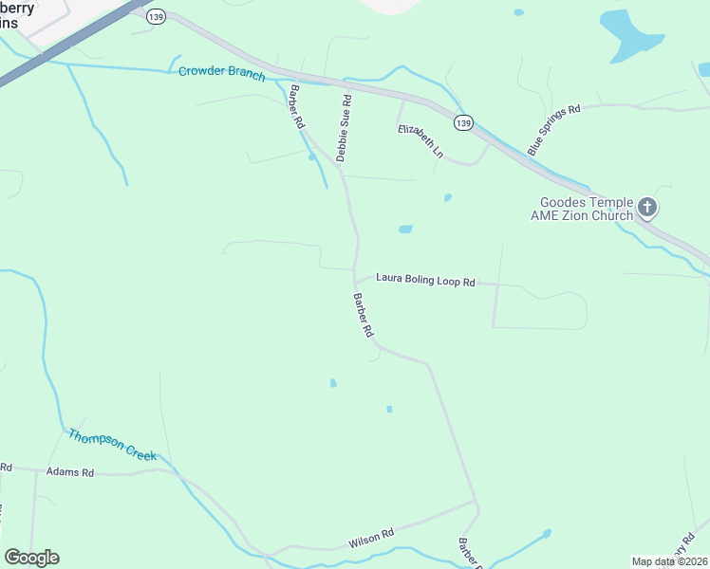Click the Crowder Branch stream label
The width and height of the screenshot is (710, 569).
(x=221, y=72)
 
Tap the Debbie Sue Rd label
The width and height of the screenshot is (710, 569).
(x=345, y=127)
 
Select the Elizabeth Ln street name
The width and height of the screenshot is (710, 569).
(x=420, y=139)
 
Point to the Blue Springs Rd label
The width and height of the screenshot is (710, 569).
(x=552, y=131)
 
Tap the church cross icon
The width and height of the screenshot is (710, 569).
(x=647, y=208)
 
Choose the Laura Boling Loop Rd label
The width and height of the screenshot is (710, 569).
(x=424, y=280)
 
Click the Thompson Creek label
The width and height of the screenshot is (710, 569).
(x=112, y=445)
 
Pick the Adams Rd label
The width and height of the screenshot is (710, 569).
(x=70, y=471)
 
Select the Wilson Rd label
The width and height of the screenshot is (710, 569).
(x=370, y=538)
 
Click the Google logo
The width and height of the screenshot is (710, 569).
(x=31, y=558)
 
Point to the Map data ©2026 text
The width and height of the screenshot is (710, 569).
(x=669, y=561)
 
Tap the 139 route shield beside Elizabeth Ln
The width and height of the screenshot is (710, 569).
(x=463, y=123)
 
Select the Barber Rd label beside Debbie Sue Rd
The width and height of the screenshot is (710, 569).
(x=297, y=107)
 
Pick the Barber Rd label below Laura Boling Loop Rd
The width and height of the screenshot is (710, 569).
(x=364, y=316)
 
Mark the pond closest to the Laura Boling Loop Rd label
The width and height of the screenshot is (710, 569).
(x=405, y=229)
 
